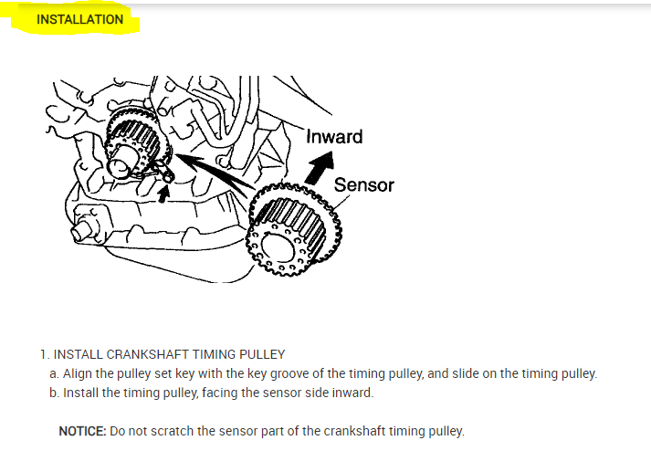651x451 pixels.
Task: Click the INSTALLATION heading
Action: tap(79, 19)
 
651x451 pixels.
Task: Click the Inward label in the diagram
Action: tap(334, 137)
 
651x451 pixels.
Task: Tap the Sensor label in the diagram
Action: tap(363, 185)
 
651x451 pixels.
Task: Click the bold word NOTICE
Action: tap(81, 430)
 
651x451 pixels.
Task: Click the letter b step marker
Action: tap(53, 393)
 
